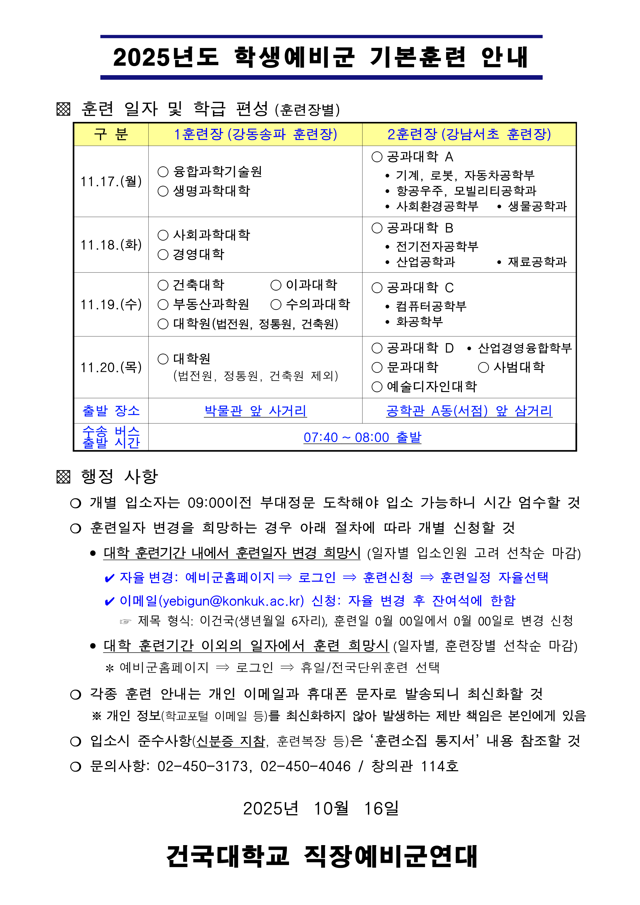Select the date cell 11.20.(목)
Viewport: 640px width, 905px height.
111,367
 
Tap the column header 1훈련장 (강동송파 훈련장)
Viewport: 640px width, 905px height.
255,134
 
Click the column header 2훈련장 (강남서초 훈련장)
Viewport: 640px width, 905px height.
469,134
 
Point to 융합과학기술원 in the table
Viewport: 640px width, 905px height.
218,171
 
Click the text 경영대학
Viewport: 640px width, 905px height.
199,254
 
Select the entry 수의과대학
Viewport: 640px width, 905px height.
318,304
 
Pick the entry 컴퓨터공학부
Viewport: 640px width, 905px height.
431,306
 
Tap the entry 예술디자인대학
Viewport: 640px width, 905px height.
431,387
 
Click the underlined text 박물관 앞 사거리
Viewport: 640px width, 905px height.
255,411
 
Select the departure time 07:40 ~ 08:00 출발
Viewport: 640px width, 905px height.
362,438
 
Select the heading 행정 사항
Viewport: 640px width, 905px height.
120,477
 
